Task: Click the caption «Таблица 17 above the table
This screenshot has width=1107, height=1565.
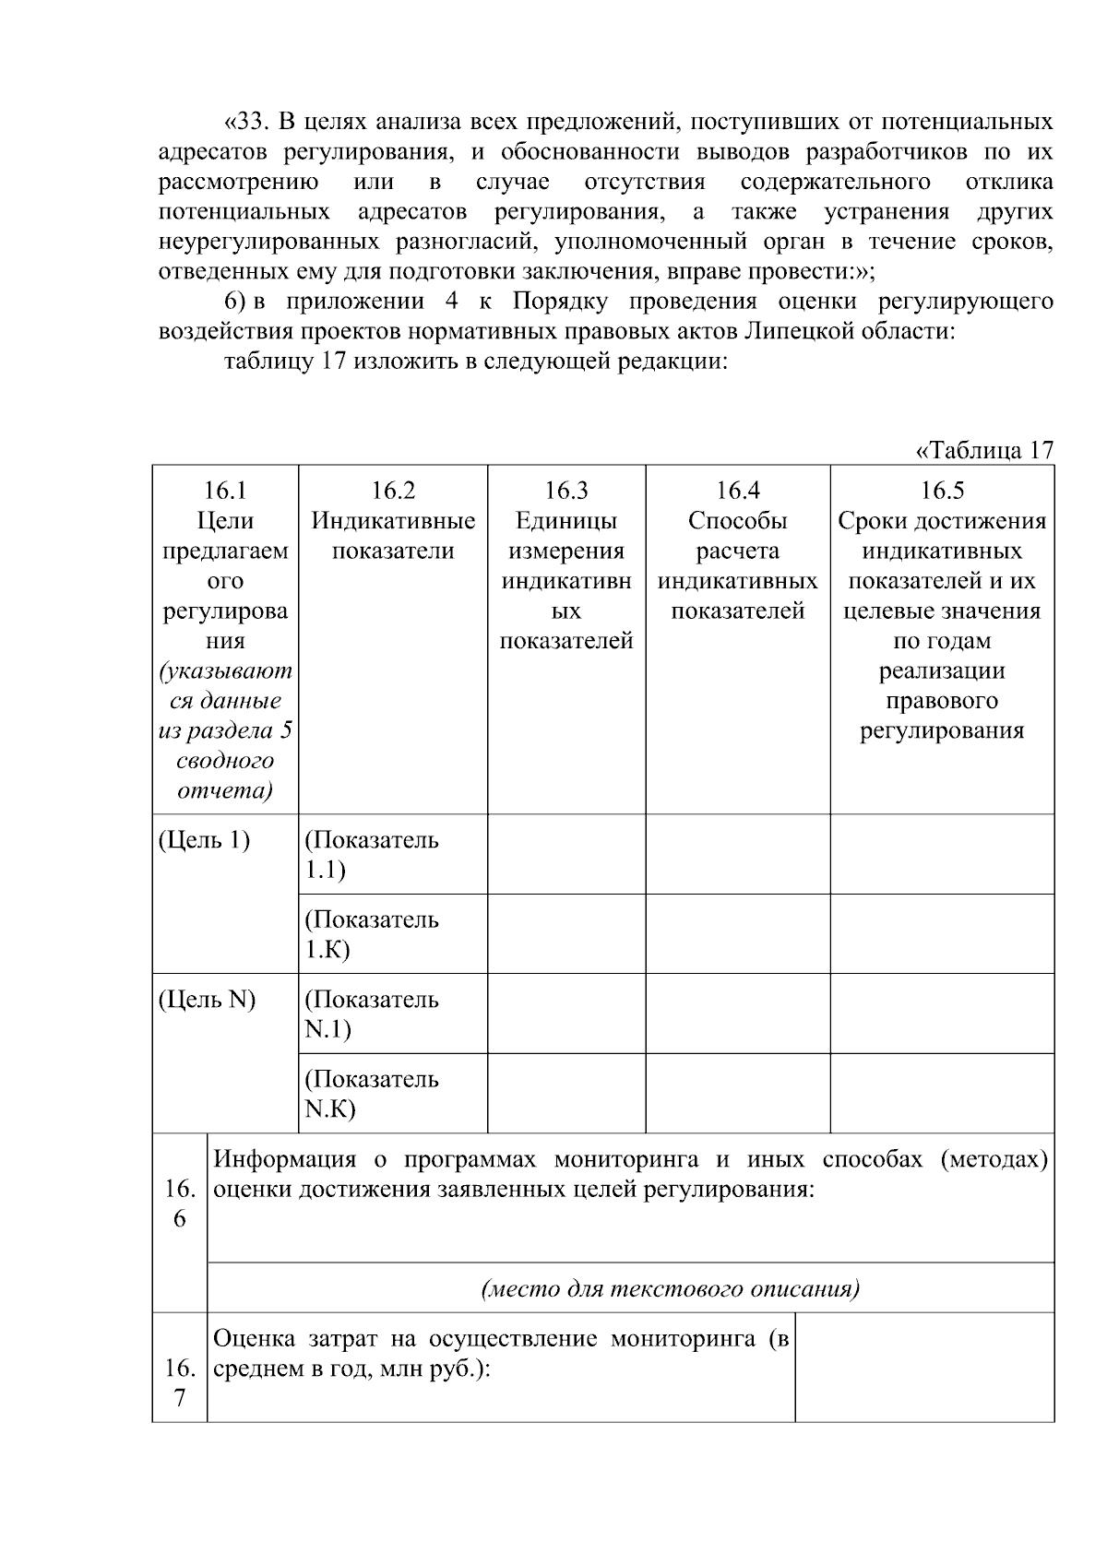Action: pyautogui.click(x=983, y=451)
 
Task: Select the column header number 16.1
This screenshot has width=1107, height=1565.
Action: pyautogui.click(x=225, y=491)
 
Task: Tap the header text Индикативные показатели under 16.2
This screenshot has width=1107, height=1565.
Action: pyautogui.click(x=393, y=536)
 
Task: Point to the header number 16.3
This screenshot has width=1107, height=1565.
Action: pyautogui.click(x=565, y=491)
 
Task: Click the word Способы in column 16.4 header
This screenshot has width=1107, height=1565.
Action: pyautogui.click(x=737, y=521)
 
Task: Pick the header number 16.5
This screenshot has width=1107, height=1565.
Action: pyautogui.click(x=942, y=491)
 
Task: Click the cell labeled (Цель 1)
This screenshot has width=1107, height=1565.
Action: pyautogui.click(x=204, y=841)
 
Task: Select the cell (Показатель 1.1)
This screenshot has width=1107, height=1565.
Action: pyautogui.click(x=372, y=855)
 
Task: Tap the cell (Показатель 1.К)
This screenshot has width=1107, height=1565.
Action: pyautogui.click(x=372, y=934)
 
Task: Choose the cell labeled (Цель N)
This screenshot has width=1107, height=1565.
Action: pyautogui.click(x=207, y=1000)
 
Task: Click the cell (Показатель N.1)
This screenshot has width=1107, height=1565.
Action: pyautogui.click(x=372, y=1014)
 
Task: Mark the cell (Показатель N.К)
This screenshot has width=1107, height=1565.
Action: pyautogui.click(x=372, y=1094)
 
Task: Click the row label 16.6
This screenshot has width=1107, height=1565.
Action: pyautogui.click(x=179, y=1203)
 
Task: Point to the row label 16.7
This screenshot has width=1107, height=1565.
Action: pyautogui.click(x=179, y=1383)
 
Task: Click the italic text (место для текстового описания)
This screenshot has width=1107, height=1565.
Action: pyautogui.click(x=671, y=1288)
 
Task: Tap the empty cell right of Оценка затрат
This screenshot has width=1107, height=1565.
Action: pyautogui.click(x=923, y=1367)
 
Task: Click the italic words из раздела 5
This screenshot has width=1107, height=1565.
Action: pyautogui.click(x=225, y=731)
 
